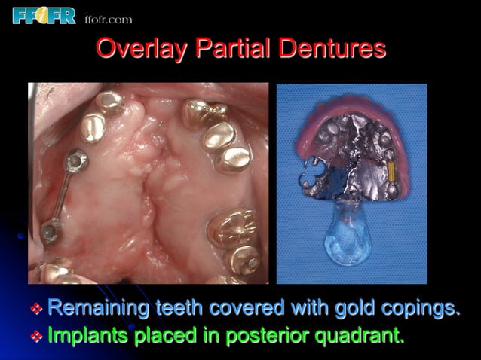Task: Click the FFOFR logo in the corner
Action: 44,15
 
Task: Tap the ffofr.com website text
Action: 109,19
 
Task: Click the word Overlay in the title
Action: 142,49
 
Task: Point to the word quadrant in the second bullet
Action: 363,336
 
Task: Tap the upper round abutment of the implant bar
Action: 75,160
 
